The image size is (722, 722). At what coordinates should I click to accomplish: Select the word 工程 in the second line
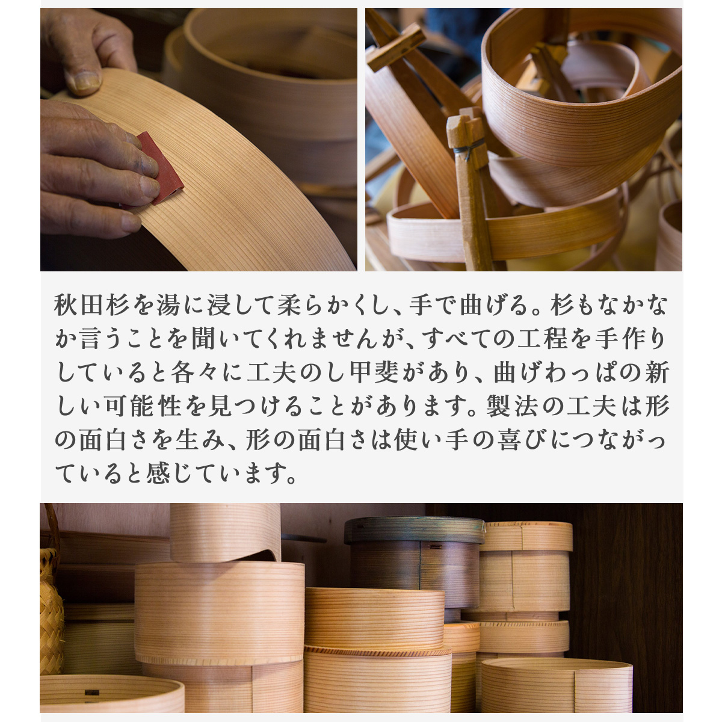[543, 339]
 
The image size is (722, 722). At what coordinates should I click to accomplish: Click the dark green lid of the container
[415, 531]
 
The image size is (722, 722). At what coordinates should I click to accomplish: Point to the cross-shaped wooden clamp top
[396, 45]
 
